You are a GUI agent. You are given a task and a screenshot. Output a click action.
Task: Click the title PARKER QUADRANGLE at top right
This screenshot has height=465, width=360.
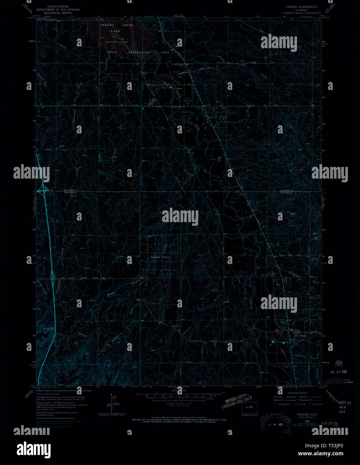301,7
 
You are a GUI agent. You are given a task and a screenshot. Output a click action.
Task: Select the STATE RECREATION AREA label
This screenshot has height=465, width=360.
138,53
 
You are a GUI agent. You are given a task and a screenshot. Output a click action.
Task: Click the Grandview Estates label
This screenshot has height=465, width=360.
160,257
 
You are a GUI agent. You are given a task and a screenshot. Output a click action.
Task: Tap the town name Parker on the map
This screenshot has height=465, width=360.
304,335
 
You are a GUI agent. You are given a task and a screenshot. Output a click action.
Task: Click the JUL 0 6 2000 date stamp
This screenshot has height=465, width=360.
336,372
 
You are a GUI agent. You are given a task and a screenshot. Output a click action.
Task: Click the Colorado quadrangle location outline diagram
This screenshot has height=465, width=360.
249,407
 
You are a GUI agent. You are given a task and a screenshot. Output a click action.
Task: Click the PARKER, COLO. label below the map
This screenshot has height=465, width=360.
307,414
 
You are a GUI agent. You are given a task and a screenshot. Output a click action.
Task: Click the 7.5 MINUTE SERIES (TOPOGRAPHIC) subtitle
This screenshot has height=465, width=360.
300,13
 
